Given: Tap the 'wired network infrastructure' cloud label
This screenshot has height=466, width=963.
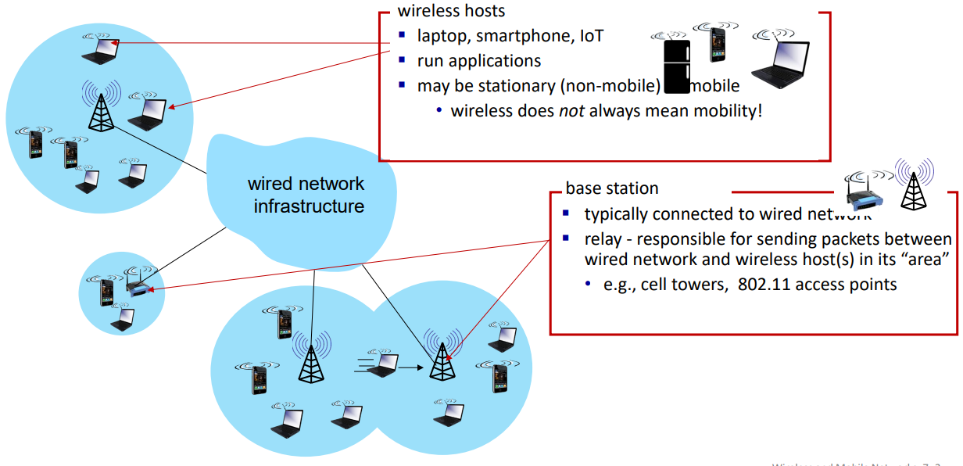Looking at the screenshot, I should (306, 195).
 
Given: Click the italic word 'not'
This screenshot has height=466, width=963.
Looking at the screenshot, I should (571, 110).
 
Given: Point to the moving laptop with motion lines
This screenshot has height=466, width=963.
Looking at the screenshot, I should (382, 364).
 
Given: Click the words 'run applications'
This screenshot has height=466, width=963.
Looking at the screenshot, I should (478, 60).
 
